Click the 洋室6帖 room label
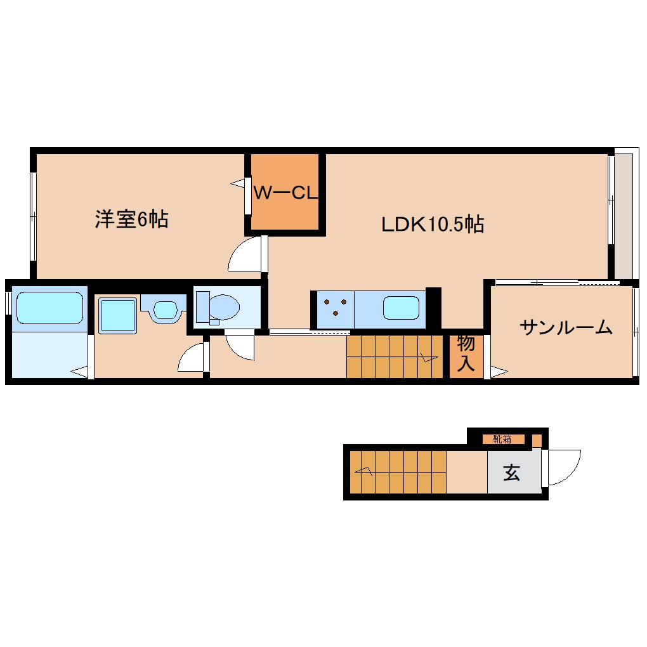[x=131, y=219]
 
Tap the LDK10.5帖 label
[x=433, y=223]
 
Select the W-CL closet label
[x=285, y=193]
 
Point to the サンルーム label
[x=566, y=327]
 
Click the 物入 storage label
[x=466, y=353]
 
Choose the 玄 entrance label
[x=511, y=473]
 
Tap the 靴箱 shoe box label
[x=503, y=439]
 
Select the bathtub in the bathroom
[x=49, y=308]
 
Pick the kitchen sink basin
[x=401, y=308]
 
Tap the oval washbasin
[x=166, y=310]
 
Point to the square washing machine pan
[x=117, y=315]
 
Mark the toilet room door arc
[x=239, y=346]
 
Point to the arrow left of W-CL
[x=239, y=184]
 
